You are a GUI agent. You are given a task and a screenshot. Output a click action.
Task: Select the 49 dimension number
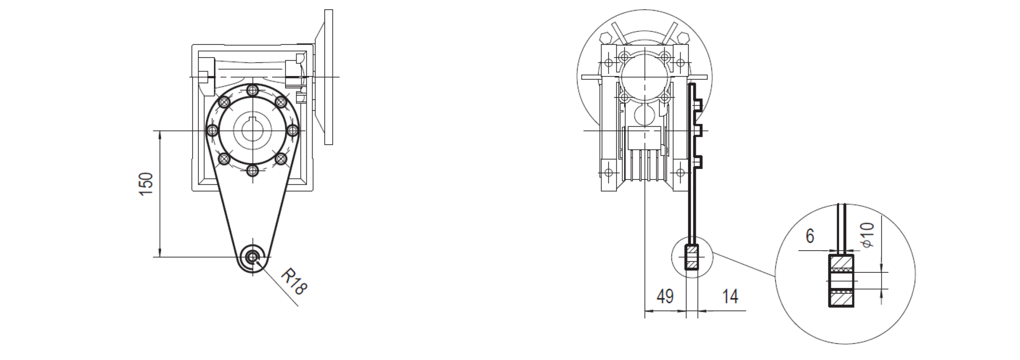click(x=665, y=296)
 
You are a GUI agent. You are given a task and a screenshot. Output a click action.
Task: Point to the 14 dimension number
click(x=730, y=296)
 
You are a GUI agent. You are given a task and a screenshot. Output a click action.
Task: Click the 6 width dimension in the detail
click(x=810, y=236)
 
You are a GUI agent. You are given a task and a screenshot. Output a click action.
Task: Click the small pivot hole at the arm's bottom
click(x=252, y=256)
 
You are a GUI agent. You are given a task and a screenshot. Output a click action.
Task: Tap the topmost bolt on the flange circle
click(x=252, y=90)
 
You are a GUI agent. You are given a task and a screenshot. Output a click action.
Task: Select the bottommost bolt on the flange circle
click(x=252, y=170)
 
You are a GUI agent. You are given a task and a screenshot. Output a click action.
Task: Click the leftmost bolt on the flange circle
click(x=212, y=131)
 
